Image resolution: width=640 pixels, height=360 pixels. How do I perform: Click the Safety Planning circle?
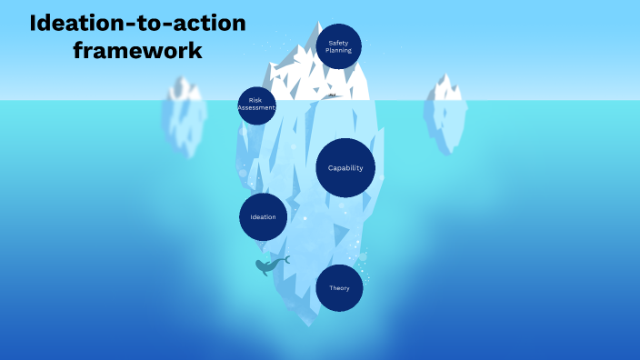point(338,46)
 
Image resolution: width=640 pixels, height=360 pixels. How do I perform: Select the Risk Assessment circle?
point(256,105)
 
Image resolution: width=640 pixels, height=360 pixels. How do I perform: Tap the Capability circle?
point(345,167)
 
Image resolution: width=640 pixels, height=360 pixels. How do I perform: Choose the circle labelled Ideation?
point(264,217)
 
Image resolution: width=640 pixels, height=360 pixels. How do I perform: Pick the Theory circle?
point(339,288)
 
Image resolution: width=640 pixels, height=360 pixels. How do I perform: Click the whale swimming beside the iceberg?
point(269,265)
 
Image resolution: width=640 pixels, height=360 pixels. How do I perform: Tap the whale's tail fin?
point(285,260)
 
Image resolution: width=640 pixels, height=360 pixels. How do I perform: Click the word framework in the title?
point(137,50)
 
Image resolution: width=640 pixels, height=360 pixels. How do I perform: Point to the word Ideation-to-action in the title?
point(137,23)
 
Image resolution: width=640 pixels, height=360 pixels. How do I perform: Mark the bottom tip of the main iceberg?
point(314,325)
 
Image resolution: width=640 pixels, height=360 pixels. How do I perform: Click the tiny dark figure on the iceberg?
point(332,95)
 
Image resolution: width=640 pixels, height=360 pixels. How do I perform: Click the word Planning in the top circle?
point(338,51)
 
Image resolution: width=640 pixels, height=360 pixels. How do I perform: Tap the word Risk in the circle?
point(256,100)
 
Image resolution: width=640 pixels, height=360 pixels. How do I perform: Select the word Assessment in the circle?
point(256,108)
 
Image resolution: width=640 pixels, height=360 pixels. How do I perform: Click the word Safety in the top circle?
point(338,43)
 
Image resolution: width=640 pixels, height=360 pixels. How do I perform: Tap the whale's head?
point(261,267)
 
